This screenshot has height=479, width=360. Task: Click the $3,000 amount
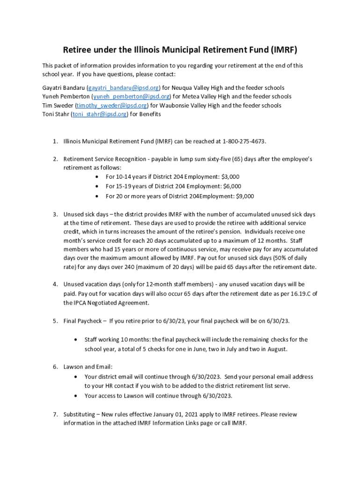pos(229,177)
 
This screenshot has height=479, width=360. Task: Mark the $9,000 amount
pos(243,196)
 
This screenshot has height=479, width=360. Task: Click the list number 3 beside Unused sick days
pos(55,215)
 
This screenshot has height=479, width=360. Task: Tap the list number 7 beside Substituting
pos(55,414)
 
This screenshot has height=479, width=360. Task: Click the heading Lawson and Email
pos(88,367)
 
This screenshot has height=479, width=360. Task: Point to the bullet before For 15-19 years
pos(96,187)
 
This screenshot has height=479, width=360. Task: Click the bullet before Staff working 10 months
pos(76,340)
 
